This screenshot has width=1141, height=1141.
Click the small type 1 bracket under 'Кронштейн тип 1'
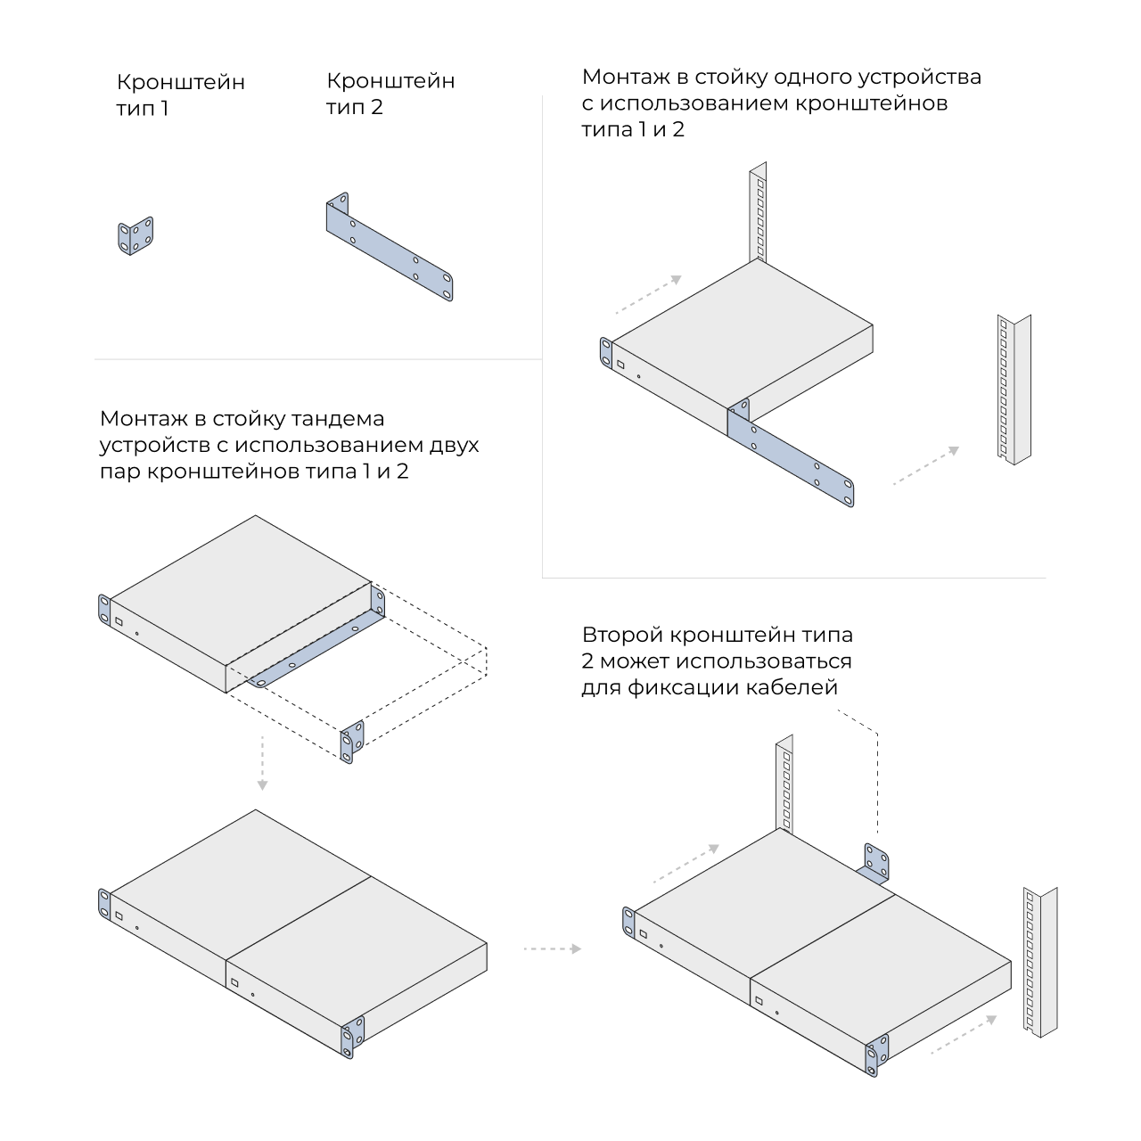click(x=135, y=235)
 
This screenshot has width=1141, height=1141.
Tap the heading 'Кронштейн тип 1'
click(x=180, y=94)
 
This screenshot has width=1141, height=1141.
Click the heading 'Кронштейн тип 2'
click(x=390, y=94)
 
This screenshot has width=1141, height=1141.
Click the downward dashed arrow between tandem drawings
click(x=262, y=763)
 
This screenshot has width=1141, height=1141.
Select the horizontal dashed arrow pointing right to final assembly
click(x=553, y=949)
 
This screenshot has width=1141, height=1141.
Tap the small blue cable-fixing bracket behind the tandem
click(x=873, y=864)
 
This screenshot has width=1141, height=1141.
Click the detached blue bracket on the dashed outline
click(x=352, y=742)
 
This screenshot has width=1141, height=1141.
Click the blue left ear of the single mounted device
click(x=606, y=354)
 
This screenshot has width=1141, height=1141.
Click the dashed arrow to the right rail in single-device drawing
click(x=926, y=465)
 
